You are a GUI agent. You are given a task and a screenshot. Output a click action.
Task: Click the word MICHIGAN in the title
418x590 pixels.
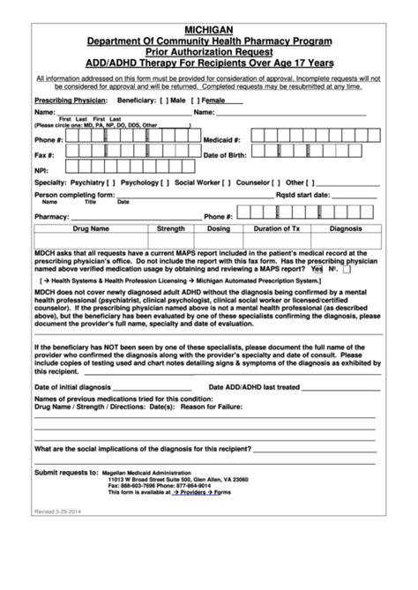208,29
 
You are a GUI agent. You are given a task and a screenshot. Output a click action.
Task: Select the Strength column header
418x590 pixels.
171,228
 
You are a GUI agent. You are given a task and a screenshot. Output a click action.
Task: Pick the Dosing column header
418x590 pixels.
218,228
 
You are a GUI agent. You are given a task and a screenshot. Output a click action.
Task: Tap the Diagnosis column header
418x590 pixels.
346,228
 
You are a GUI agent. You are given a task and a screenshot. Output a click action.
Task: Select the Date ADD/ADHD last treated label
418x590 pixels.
254,387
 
